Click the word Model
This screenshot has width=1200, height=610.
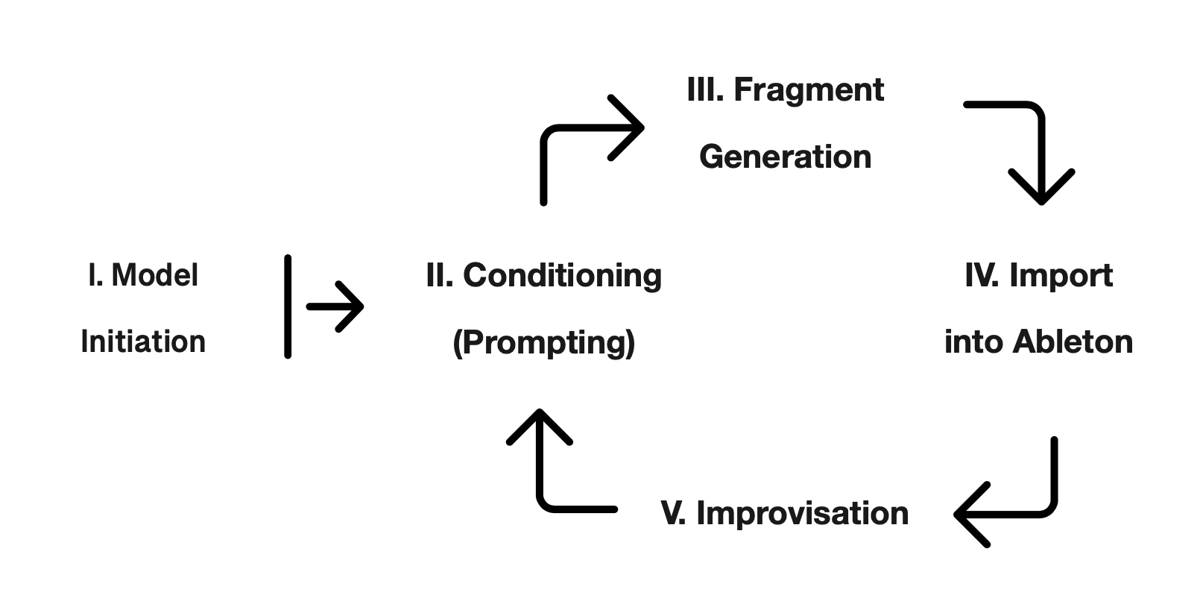155,275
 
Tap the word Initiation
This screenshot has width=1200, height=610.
143,342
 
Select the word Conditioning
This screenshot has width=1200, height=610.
562,275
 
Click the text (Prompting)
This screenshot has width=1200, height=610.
544,342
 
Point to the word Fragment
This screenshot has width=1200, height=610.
809,90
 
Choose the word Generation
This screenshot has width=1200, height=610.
785,157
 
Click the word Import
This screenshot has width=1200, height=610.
1061,275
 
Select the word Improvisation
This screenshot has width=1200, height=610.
802,513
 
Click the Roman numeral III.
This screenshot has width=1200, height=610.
705,90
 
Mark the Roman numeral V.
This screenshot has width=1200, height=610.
673,513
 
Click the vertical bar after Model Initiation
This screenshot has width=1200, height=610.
288,306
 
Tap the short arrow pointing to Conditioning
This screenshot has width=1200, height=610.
335,306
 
